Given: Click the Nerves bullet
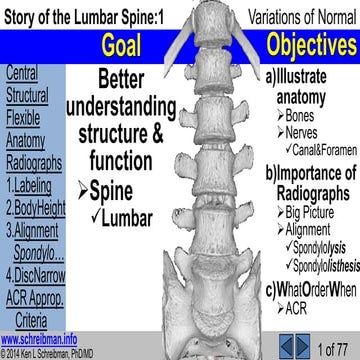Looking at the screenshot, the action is click(x=306, y=135).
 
